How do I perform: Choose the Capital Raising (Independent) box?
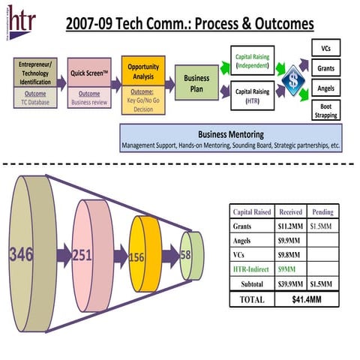point(253,59)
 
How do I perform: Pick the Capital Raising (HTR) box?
point(253,97)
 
